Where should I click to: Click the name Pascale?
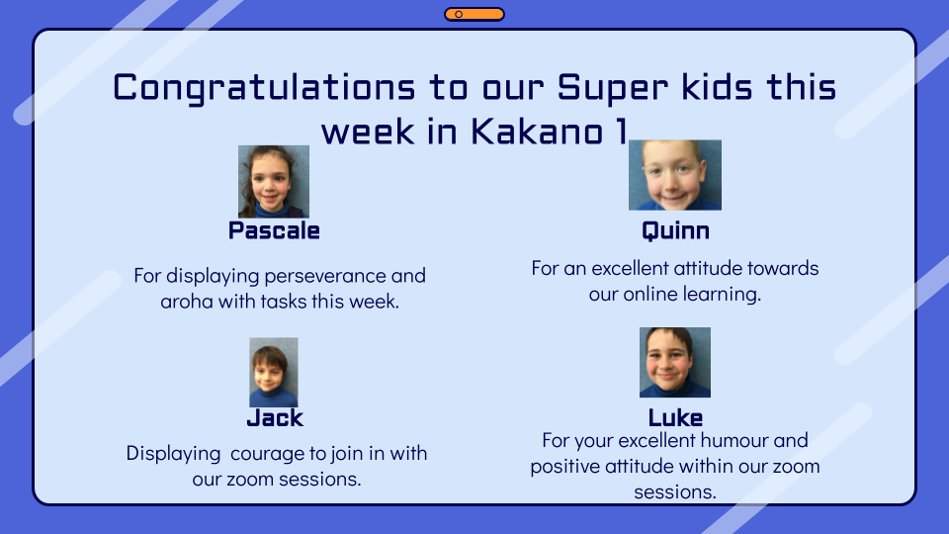tap(274, 230)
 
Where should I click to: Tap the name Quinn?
tap(675, 231)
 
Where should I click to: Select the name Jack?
tap(275, 417)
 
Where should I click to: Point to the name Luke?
tap(675, 417)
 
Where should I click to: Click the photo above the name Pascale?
tap(274, 182)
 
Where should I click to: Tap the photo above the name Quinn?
tap(675, 176)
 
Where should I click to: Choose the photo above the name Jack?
tap(274, 373)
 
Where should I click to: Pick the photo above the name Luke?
tap(675, 363)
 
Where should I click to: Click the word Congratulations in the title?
tap(264, 88)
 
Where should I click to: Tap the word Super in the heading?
tap(613, 88)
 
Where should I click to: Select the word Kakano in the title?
tap(537, 132)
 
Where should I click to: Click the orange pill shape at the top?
tap(474, 14)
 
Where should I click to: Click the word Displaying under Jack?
tap(173, 454)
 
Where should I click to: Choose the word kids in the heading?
tap(718, 87)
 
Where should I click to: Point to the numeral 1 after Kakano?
tap(621, 132)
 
